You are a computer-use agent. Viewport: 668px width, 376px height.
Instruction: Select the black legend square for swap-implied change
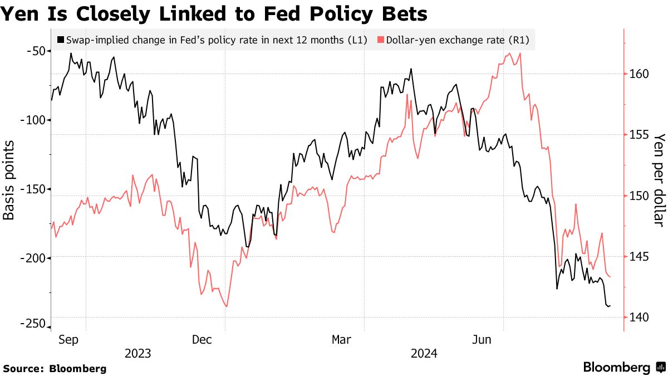point(61,40)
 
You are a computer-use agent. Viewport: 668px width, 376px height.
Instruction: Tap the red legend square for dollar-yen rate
point(381,40)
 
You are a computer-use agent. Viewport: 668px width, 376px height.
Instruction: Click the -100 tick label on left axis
point(33,120)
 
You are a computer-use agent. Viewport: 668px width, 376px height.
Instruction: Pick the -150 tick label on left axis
point(33,189)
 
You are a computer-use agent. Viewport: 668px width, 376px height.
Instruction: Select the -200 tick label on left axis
point(33,257)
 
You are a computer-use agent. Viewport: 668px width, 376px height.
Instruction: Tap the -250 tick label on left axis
point(33,325)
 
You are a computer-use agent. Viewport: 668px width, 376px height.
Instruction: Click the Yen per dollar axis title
point(659,179)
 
